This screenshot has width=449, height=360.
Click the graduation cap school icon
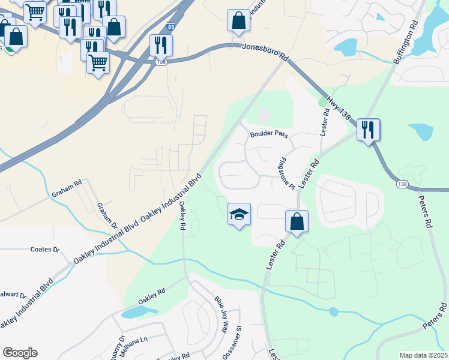click(238, 215)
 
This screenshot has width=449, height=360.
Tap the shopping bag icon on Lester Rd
click(297, 221)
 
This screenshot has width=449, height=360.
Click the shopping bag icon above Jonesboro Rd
click(239, 20)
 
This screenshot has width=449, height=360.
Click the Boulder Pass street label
click(265, 133)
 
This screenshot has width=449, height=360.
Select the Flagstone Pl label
click(283, 173)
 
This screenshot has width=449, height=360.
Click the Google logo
click(20, 353)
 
